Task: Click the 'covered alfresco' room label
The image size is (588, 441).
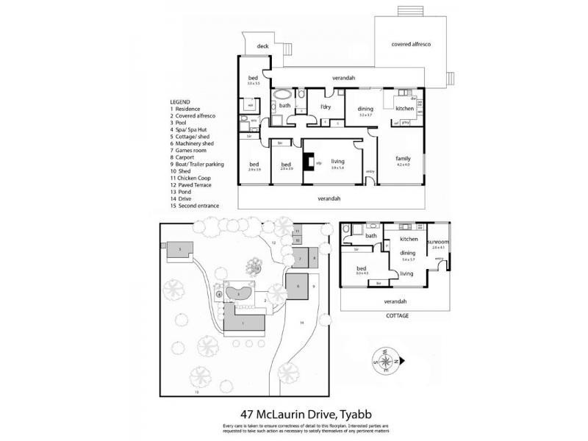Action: click(x=411, y=45)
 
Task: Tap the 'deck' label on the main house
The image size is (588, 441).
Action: click(x=262, y=46)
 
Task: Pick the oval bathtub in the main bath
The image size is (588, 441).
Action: click(x=282, y=96)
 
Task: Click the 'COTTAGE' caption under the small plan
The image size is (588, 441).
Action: click(x=398, y=315)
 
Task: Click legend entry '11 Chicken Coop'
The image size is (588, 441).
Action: click(x=195, y=178)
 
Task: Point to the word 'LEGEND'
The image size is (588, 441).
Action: click(x=180, y=101)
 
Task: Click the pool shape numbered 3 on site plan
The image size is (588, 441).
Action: click(x=239, y=294)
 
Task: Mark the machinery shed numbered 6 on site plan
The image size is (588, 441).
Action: click(x=298, y=286)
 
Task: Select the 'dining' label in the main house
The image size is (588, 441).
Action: click(x=366, y=108)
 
